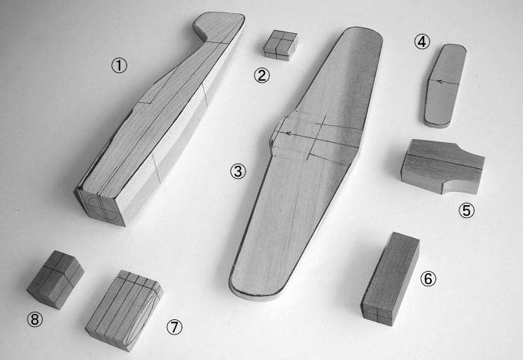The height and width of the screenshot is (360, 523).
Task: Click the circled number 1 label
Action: [119, 65]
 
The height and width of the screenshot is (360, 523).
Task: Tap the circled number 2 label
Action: [261, 75]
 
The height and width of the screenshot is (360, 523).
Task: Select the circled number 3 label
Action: [238, 171]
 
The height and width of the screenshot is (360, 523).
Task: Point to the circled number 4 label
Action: [422, 42]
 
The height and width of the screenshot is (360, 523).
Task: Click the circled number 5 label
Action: [466, 211]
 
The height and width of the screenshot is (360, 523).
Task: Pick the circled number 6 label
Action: [428, 279]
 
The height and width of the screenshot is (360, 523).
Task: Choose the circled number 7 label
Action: [174, 327]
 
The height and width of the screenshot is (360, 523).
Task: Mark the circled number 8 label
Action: [35, 320]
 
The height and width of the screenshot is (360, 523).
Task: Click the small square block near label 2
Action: [280, 45]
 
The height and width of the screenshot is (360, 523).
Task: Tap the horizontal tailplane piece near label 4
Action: [445, 86]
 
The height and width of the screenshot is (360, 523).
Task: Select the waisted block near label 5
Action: [442, 167]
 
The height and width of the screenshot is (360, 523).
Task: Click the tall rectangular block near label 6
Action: [390, 279]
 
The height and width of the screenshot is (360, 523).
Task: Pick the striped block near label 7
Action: [124, 310]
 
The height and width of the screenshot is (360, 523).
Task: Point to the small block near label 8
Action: [55, 279]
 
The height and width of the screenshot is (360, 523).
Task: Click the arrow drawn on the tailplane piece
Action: [444, 81]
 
